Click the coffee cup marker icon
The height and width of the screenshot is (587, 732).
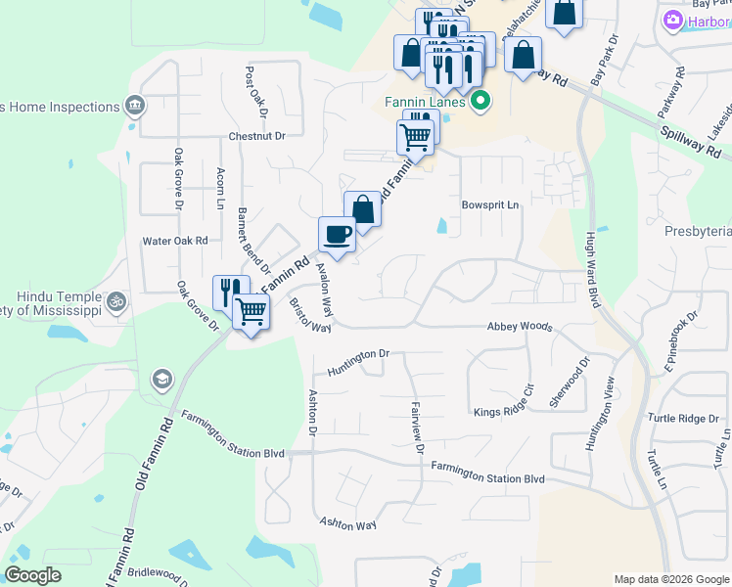coord(337,235)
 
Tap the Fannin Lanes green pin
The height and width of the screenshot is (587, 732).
coord(480,101)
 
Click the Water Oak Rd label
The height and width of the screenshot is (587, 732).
coord(175,240)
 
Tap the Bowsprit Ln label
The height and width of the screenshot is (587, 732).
coord(489,205)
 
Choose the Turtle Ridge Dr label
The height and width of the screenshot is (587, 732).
coord(683,418)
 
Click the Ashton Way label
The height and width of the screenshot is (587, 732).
coord(347,523)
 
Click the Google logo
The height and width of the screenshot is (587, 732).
coord(33,576)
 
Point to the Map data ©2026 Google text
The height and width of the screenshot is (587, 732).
coord(669,579)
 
